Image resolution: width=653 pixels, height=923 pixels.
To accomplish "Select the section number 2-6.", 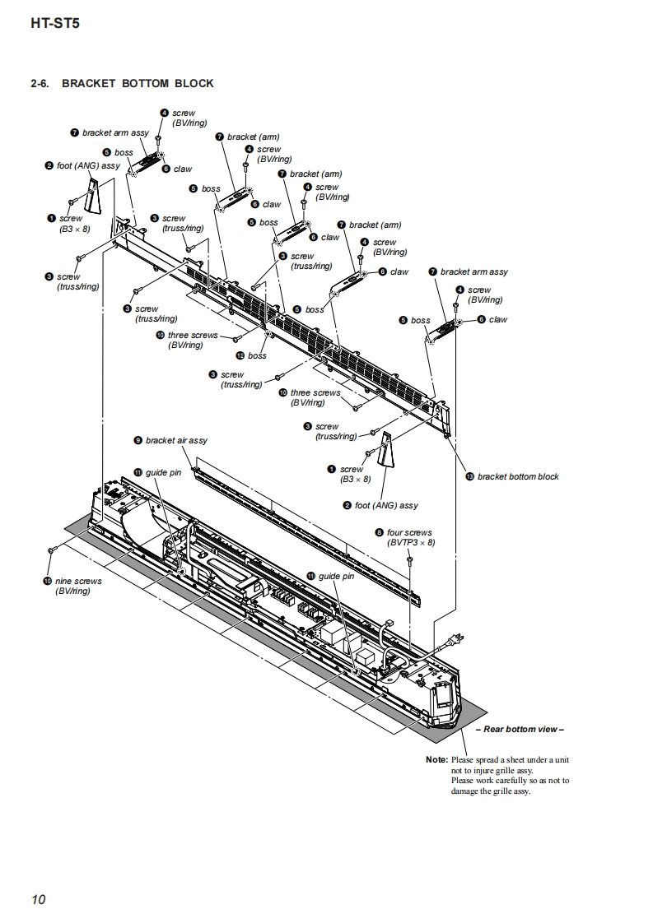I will pyautogui.click(x=40, y=83).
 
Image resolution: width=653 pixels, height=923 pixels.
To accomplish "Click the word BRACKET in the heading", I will pyautogui.click(x=89, y=83).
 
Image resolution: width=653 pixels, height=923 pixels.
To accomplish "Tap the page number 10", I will pyautogui.click(x=39, y=899).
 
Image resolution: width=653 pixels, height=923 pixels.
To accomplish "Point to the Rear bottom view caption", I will pyautogui.click(x=520, y=729).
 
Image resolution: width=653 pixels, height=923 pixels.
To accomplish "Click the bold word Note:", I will pyautogui.click(x=436, y=759).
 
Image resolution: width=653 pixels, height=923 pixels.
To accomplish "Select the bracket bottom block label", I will pyautogui.click(x=517, y=476).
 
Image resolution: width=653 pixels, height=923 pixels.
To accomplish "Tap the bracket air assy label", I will pyautogui.click(x=176, y=440).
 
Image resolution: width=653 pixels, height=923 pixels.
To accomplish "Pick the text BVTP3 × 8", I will pyautogui.click(x=410, y=543).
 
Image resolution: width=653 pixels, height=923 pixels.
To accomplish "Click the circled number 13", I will pyautogui.click(x=470, y=476).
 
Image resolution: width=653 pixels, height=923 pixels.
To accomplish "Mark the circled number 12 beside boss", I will pyautogui.click(x=240, y=355).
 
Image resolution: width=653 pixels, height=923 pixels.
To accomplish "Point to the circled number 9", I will pyautogui.click(x=138, y=440).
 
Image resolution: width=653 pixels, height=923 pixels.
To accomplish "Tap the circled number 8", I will pyautogui.click(x=379, y=532).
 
